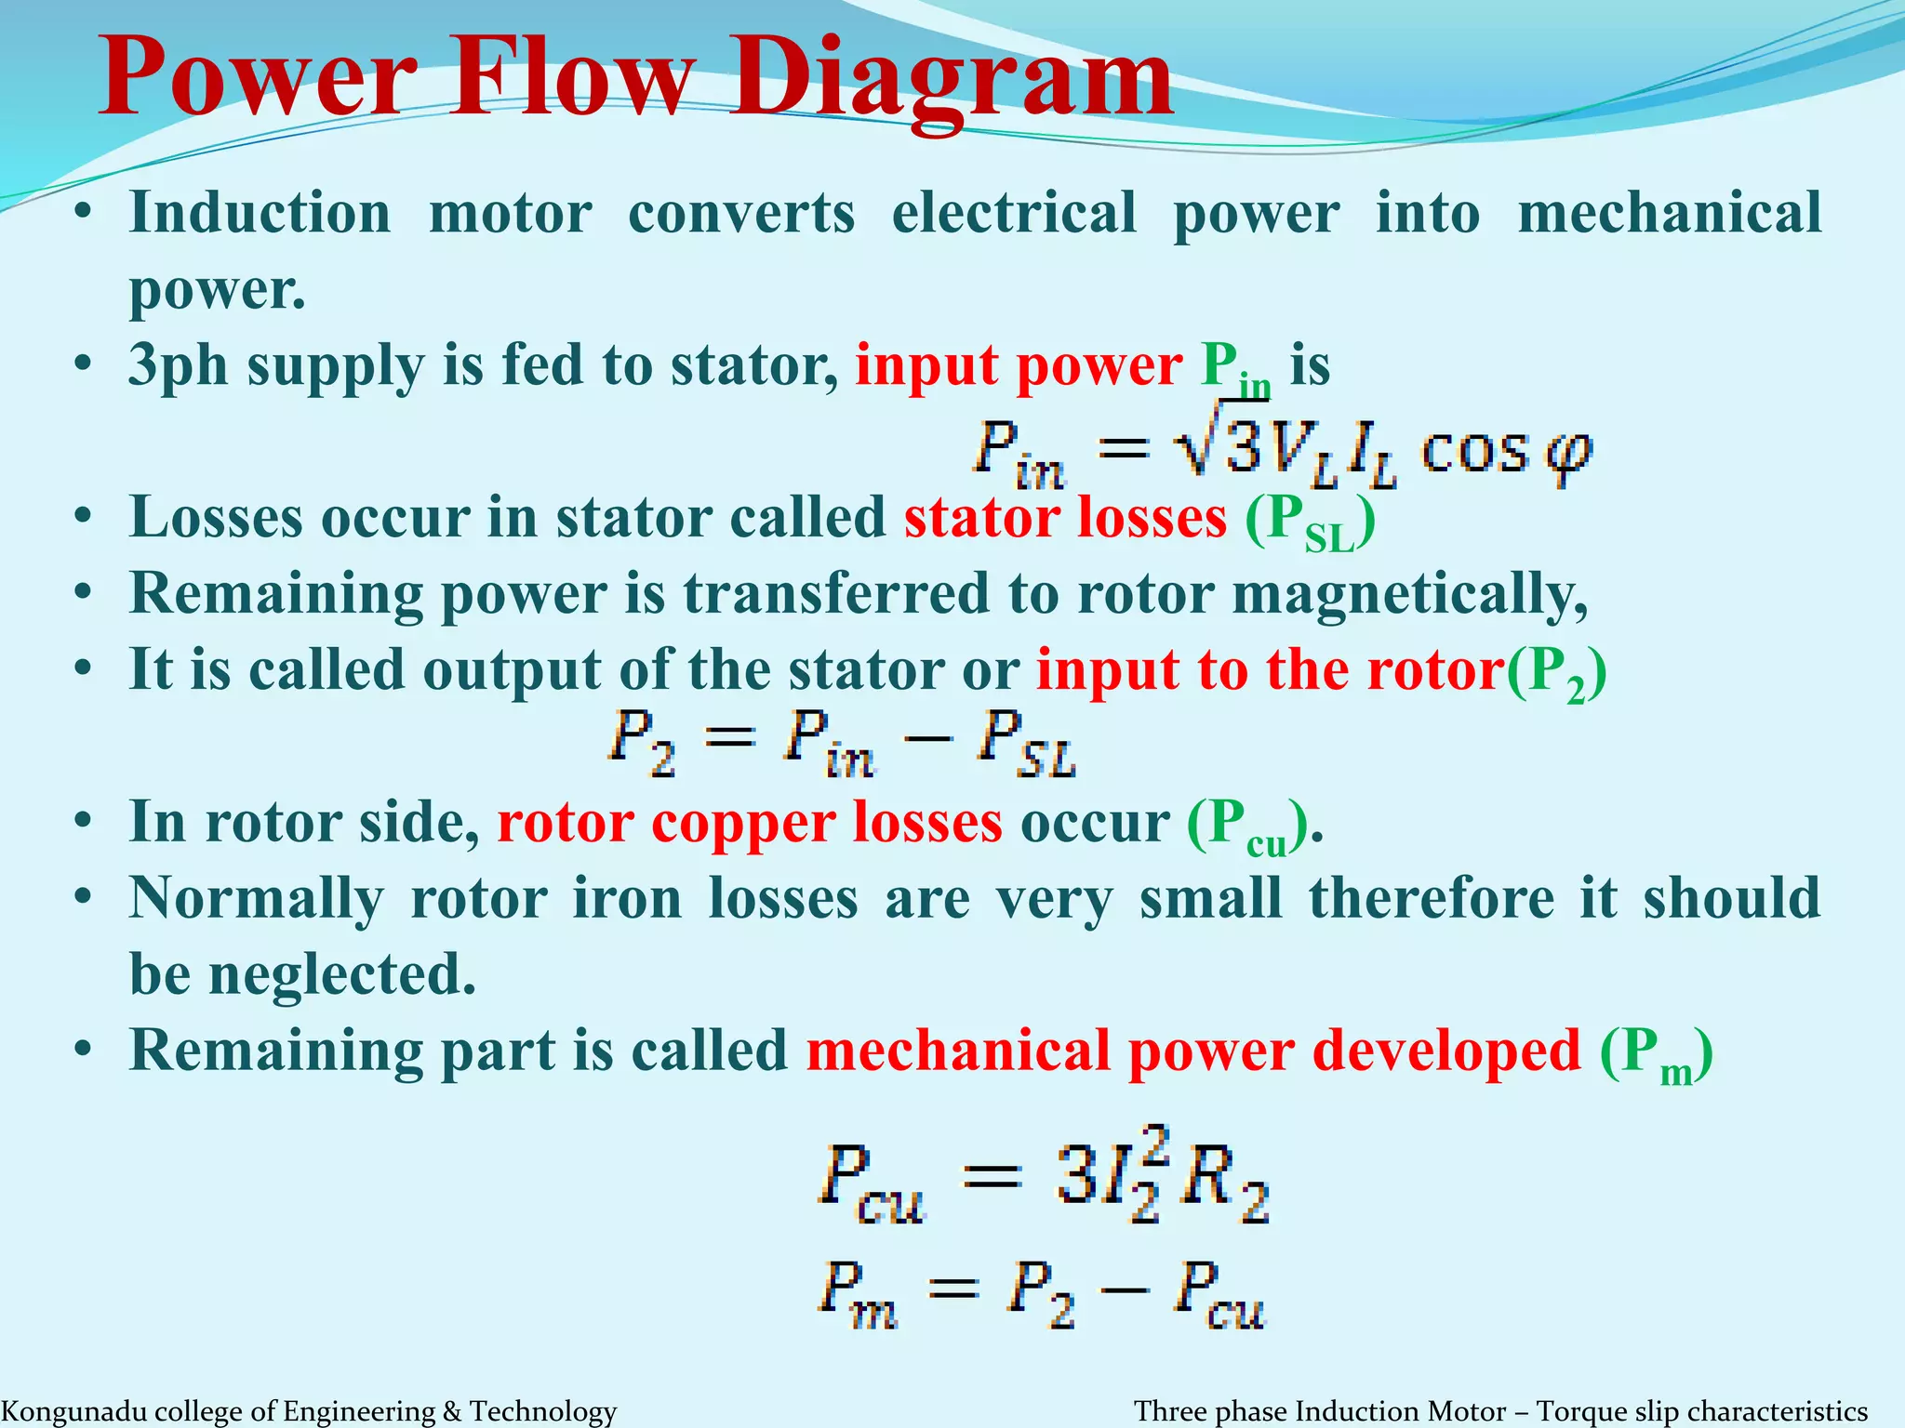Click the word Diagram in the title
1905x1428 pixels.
tap(951, 78)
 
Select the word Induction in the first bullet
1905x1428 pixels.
tap(260, 213)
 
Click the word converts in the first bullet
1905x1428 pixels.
tap(740, 213)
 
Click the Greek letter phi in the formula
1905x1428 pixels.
tap(1568, 456)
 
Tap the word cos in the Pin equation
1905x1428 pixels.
tap(1474, 452)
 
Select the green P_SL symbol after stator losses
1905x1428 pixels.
tap(1310, 522)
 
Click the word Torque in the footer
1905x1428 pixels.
tap(1578, 1411)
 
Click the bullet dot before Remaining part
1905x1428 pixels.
tap(84, 1051)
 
